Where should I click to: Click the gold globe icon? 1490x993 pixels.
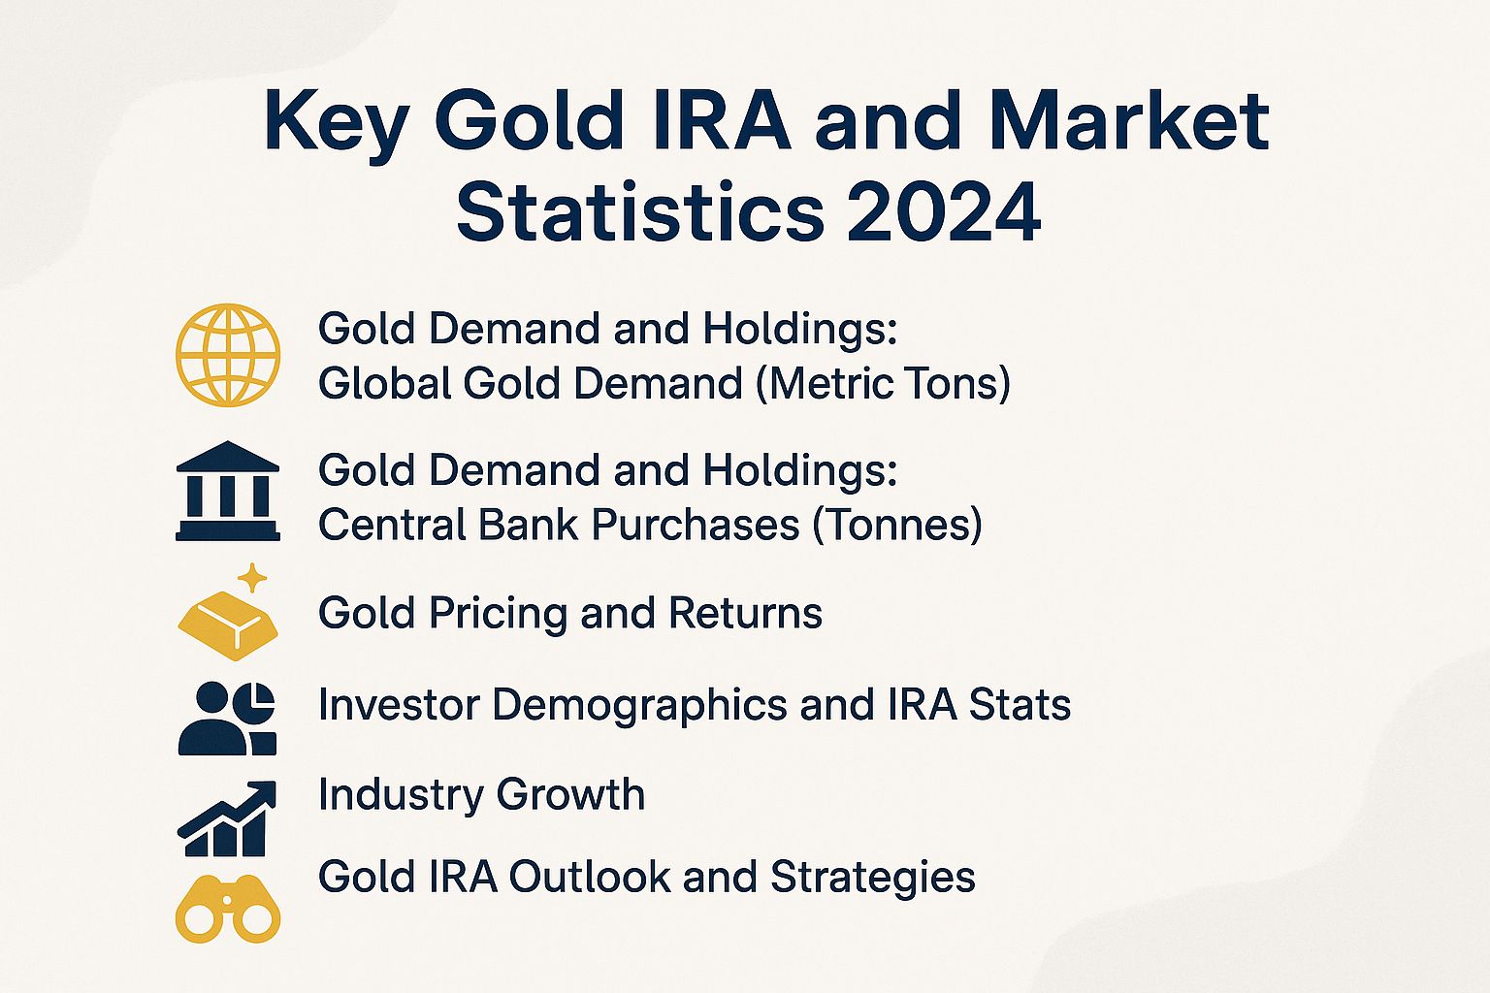click(x=228, y=355)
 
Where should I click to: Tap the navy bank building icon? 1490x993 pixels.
click(x=228, y=492)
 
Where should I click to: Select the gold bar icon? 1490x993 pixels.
click(x=228, y=623)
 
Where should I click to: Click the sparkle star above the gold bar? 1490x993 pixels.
click(x=252, y=579)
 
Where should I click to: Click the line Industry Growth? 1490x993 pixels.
click(x=481, y=795)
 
